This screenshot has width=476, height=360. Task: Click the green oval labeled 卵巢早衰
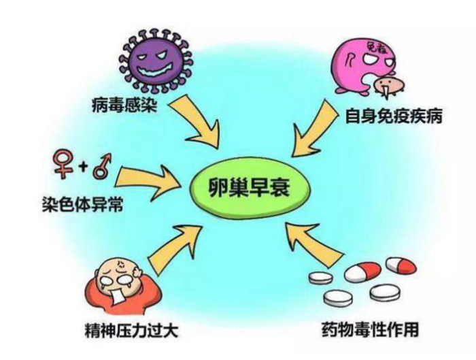tap(250, 188)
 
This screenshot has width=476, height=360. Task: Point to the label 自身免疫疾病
tap(394, 116)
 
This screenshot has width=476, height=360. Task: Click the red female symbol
tap(63, 164)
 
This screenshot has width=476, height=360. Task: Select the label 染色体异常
tap(82, 204)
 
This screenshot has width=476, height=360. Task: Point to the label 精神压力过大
tap(131, 331)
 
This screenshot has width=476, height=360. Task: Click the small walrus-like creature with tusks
tap(388, 86)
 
